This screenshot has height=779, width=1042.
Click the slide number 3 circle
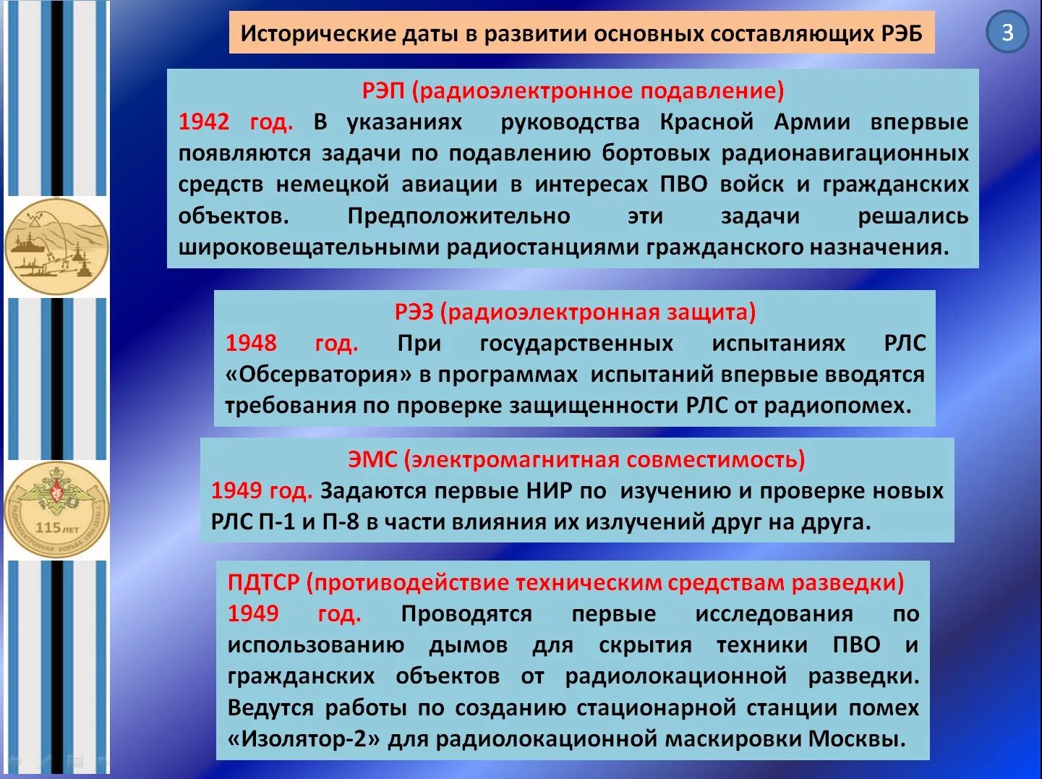pos(1007,33)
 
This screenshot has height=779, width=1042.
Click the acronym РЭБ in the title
pos(902,34)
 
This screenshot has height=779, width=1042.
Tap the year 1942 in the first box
pos(204,122)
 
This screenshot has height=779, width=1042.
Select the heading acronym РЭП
pos(383,90)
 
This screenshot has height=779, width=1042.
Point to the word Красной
pos(706,122)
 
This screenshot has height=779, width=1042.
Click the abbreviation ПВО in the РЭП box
pos(683,184)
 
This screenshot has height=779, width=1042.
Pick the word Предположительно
pos(458,216)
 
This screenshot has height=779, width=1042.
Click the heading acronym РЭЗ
pos(414,312)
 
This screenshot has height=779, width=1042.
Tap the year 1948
pos(251,343)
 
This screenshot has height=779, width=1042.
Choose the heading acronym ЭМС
pos(372,459)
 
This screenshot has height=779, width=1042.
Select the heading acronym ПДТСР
pos(263,582)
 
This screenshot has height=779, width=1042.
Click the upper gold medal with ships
pos(56,247)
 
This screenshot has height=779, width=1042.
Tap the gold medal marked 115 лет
pos(56,510)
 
